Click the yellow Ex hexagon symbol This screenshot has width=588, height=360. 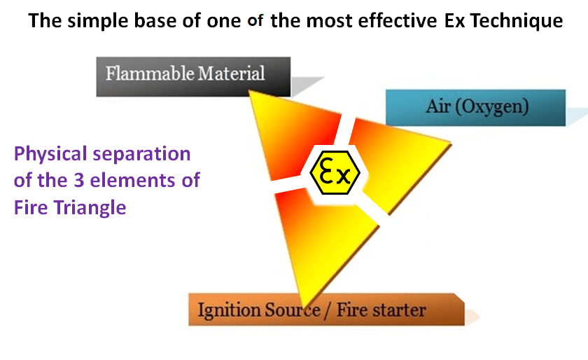[x=335, y=173]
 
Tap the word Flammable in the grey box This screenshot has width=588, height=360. [x=150, y=74]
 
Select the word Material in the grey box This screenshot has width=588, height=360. [x=231, y=74]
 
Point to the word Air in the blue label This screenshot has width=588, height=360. [x=438, y=106]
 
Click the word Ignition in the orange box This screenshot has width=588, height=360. [x=229, y=311]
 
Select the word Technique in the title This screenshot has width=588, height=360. [x=517, y=20]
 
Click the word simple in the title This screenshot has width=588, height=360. [x=98, y=21]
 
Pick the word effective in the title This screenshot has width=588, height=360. [x=398, y=20]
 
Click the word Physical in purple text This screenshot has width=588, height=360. [x=50, y=154]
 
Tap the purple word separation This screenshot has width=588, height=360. [x=141, y=154]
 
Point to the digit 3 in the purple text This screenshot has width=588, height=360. [x=78, y=180]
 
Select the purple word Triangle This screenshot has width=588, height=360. [x=90, y=208]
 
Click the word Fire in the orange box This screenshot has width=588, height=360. [x=351, y=310]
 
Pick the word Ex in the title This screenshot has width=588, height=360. [x=454, y=20]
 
